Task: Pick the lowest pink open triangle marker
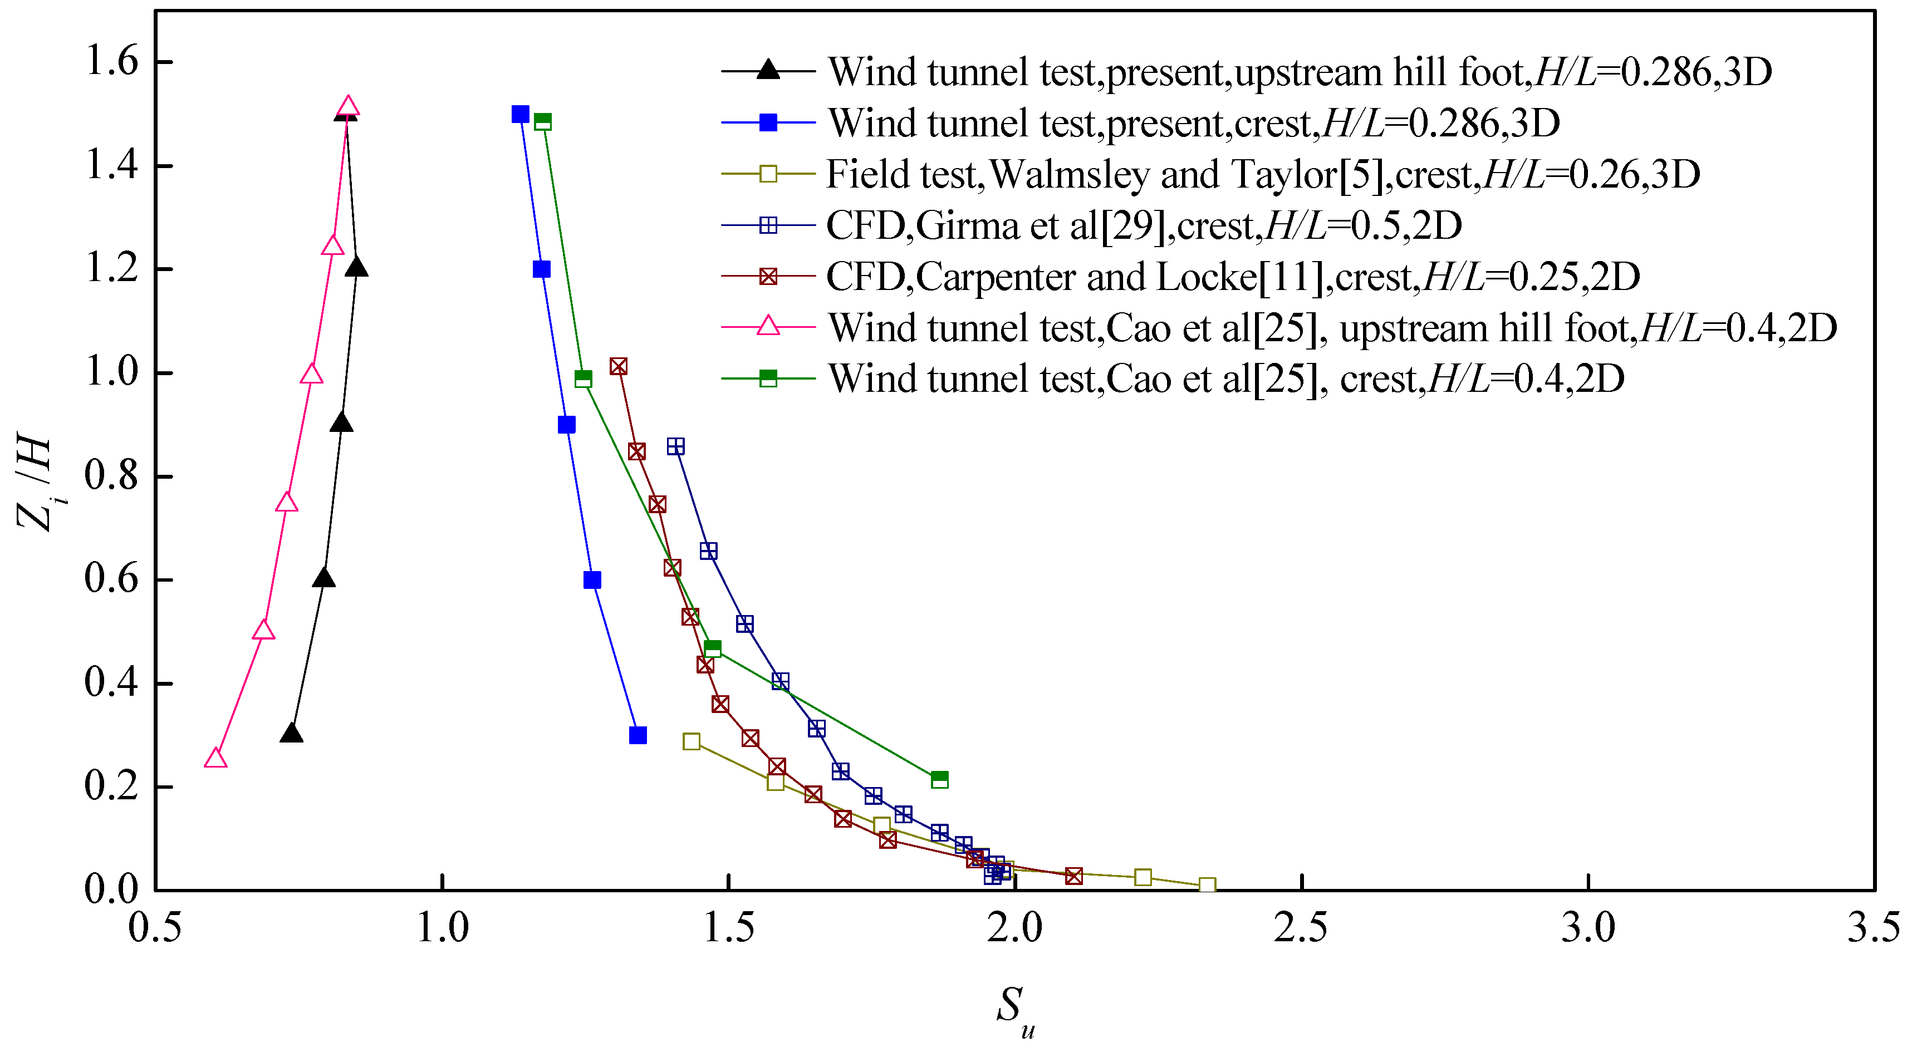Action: click(x=215, y=758)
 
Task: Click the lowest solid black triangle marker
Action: click(x=292, y=733)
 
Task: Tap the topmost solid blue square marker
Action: click(x=520, y=114)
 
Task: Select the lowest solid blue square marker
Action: click(x=638, y=735)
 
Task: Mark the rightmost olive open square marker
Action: click(x=1207, y=886)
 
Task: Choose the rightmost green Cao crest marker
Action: click(x=940, y=779)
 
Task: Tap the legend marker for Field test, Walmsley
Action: click(x=768, y=174)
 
